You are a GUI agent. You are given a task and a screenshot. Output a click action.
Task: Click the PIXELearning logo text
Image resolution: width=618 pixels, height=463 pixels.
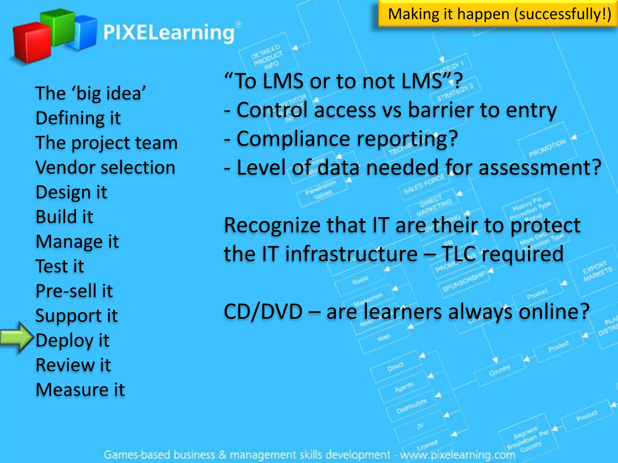point(169,33)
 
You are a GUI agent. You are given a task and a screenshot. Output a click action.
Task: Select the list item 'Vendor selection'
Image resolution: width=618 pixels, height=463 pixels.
point(105,167)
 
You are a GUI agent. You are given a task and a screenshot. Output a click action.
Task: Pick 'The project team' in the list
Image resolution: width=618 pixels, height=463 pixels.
point(107,143)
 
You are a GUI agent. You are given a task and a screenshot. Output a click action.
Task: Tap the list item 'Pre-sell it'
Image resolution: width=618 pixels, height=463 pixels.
point(74,291)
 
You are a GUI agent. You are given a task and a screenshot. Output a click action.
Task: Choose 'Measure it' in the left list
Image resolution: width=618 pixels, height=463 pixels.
point(80,390)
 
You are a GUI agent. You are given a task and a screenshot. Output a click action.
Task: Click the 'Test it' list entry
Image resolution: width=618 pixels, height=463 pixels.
point(60,266)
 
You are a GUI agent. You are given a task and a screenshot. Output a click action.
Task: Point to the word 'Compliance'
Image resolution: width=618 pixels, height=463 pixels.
point(293,139)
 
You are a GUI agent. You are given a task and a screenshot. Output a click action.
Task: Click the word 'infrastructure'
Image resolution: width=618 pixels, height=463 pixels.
point(352,254)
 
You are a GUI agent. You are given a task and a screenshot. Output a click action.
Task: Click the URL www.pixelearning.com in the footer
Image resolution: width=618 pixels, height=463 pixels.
point(457,454)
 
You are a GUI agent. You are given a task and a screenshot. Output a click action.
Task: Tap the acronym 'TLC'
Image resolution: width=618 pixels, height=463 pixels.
point(459,254)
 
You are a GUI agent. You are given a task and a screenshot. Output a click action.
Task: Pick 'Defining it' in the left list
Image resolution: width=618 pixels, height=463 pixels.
point(78,118)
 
